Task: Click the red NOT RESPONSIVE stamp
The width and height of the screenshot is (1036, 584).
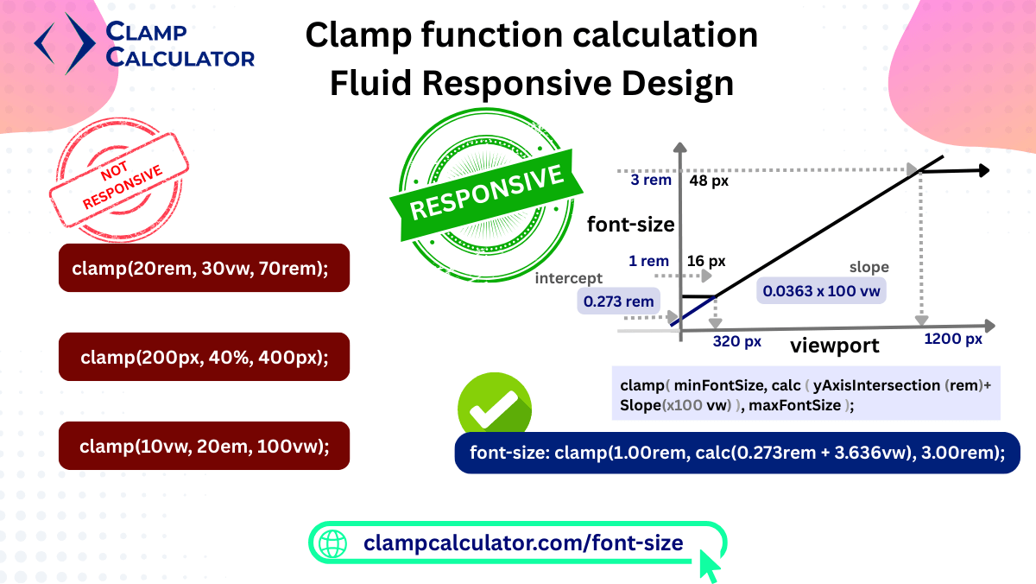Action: pos(119,180)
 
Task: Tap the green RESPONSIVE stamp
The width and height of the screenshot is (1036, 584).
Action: pos(486,195)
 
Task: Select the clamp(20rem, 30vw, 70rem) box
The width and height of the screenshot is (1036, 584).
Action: pos(204,268)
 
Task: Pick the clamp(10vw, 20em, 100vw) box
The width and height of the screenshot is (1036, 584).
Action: pos(204,446)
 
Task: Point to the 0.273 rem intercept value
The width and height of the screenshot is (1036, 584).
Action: pos(618,302)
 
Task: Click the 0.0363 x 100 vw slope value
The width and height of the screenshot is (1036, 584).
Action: pos(821,291)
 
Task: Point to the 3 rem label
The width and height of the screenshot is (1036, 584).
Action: pos(651,180)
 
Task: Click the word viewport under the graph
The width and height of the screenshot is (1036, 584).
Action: pos(834,346)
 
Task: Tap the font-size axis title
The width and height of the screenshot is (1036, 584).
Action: pos(630,225)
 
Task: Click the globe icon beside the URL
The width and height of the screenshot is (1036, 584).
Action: pos(332,543)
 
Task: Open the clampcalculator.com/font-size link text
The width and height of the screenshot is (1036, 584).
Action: pos(523,543)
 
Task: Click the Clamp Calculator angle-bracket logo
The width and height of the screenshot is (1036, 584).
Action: pos(66,43)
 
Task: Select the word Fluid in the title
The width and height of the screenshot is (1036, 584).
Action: pos(370,83)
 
